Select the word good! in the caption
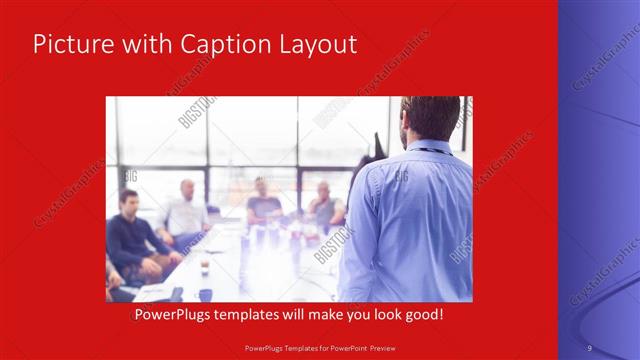click(x=422, y=315)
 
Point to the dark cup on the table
click(x=205, y=293)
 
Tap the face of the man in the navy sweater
click(x=129, y=200)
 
